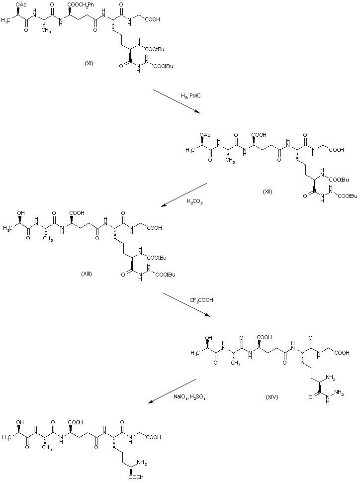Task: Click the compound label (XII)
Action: click(268, 192)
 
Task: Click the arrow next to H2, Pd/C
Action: click(177, 101)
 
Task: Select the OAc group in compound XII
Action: click(205, 134)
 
